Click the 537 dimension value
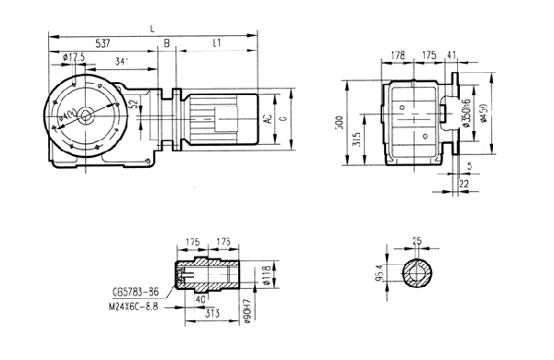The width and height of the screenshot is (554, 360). pyautogui.click(x=101, y=43)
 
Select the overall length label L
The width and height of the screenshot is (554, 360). pyautogui.click(x=152, y=30)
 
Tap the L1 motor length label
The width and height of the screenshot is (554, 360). pyautogui.click(x=216, y=43)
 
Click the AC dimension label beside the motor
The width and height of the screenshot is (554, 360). pyautogui.click(x=268, y=119)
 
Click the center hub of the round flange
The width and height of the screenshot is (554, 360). pyautogui.click(x=85, y=115)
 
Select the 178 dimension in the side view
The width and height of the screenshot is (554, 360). pyautogui.click(x=397, y=56)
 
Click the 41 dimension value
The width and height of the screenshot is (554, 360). pyautogui.click(x=451, y=56)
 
